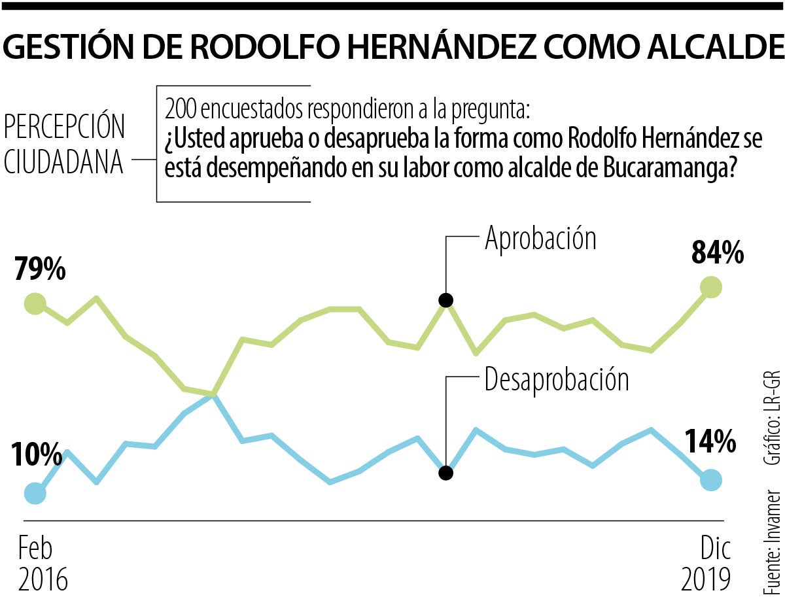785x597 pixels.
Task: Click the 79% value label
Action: tap(40, 269)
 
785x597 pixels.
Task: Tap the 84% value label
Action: tap(718, 252)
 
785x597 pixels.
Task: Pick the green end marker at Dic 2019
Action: tap(711, 286)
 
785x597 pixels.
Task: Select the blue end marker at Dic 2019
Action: tap(711, 480)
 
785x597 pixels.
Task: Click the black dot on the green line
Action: tap(446, 300)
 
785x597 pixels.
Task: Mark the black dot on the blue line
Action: tap(446, 473)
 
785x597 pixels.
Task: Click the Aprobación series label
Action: tap(540, 239)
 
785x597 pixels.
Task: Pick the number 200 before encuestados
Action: tap(180, 107)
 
